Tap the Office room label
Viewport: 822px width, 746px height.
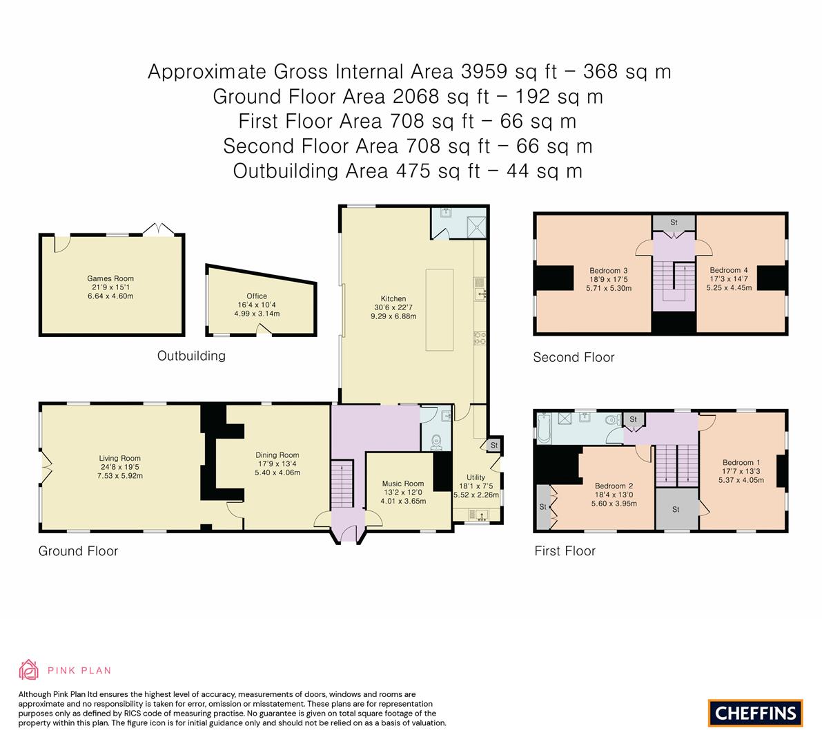(x=257, y=296)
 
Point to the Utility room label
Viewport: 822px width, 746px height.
(x=476, y=477)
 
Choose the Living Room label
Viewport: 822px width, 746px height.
(x=119, y=458)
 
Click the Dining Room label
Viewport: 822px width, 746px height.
(x=277, y=455)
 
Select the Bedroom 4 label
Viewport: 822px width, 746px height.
(x=728, y=270)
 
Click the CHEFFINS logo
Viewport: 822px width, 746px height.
(x=755, y=713)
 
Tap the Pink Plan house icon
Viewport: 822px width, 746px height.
(x=29, y=669)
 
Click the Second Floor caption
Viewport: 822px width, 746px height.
(x=574, y=357)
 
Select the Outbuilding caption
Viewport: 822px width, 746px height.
(x=191, y=356)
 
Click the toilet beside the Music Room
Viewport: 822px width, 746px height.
(x=436, y=442)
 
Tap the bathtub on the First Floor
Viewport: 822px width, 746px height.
(x=544, y=426)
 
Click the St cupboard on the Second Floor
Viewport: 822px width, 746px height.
(x=674, y=222)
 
